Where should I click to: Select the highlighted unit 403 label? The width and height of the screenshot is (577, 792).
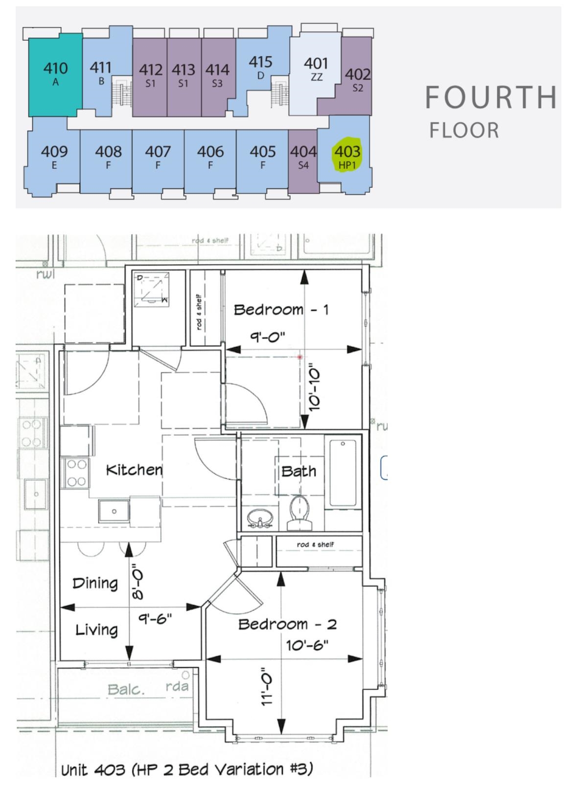(x=347, y=156)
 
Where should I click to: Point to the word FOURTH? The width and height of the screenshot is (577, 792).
(x=491, y=97)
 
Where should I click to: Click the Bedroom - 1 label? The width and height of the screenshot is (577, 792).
(x=281, y=310)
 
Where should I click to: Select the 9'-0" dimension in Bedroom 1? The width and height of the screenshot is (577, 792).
(x=268, y=337)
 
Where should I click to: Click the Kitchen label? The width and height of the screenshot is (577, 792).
(x=134, y=470)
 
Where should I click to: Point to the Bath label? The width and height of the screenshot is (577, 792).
(x=299, y=471)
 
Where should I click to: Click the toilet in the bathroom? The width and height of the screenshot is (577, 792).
(x=299, y=513)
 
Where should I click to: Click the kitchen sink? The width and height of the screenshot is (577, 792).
(x=114, y=511)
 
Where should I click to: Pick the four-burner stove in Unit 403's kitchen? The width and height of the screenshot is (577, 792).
(x=76, y=473)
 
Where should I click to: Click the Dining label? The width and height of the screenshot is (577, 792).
(x=95, y=584)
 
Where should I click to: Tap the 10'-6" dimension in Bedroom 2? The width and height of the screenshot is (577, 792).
(x=307, y=646)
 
